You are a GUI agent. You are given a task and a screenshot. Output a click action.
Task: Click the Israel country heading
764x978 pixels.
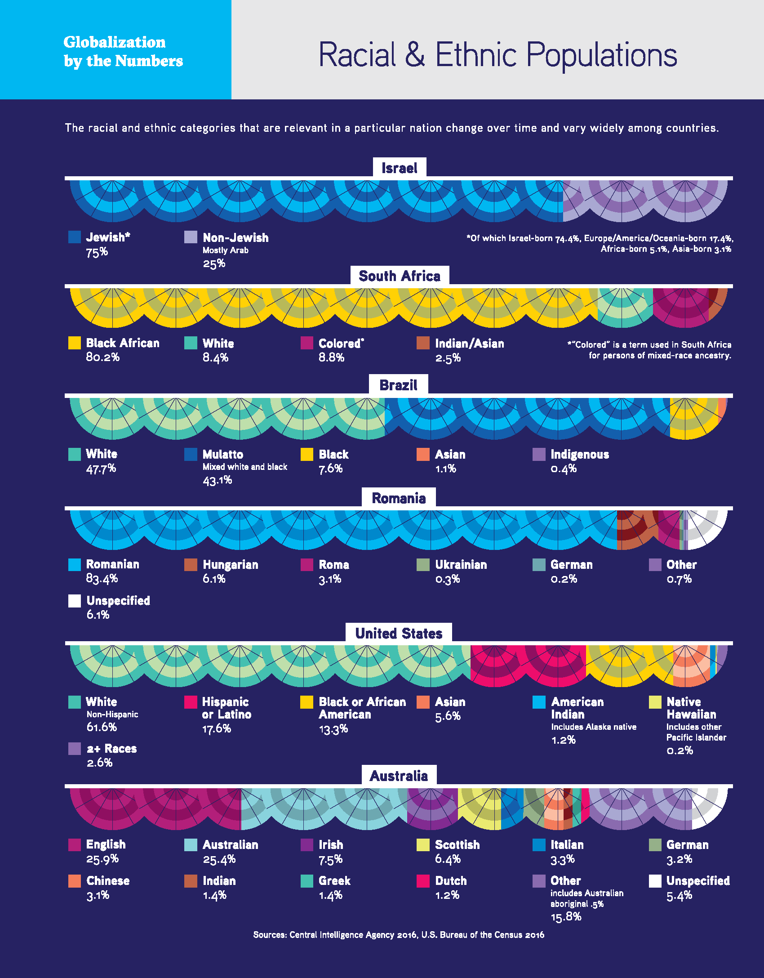(x=399, y=168)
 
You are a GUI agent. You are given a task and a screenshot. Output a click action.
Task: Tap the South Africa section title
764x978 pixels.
(x=399, y=276)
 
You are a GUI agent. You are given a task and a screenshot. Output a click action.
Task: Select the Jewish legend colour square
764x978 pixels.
(x=75, y=237)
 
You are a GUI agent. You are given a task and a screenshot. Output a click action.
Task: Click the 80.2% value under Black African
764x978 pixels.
(x=103, y=357)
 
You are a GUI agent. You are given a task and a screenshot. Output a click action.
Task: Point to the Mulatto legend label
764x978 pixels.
(x=222, y=454)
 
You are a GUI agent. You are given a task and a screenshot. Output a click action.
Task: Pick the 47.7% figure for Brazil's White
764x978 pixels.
(x=101, y=469)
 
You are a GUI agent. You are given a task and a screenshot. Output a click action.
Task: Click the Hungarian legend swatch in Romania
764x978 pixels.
(x=191, y=565)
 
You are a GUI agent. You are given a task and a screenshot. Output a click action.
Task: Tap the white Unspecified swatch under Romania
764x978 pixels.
(x=75, y=601)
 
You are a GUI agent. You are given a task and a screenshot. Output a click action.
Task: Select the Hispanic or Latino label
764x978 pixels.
(x=226, y=708)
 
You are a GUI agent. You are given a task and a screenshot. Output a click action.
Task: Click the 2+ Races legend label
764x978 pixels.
(x=111, y=749)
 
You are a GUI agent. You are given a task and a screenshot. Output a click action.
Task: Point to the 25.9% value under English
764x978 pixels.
(x=102, y=859)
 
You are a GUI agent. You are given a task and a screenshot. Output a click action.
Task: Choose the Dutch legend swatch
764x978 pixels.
(x=423, y=881)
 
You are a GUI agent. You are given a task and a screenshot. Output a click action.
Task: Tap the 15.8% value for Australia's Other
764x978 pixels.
(x=566, y=916)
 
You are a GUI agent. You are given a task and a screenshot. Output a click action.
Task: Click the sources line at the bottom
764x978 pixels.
(x=399, y=935)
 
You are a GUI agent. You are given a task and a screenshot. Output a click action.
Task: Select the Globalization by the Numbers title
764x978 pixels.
(x=123, y=51)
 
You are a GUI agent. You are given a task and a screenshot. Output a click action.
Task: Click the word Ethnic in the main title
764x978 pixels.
(x=476, y=55)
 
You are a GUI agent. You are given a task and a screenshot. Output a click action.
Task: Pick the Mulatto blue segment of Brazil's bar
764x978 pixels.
(x=526, y=418)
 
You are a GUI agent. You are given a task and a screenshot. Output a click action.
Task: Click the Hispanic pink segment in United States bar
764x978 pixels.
(x=528, y=666)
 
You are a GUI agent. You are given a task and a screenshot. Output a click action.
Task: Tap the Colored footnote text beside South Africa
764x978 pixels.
(x=649, y=350)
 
